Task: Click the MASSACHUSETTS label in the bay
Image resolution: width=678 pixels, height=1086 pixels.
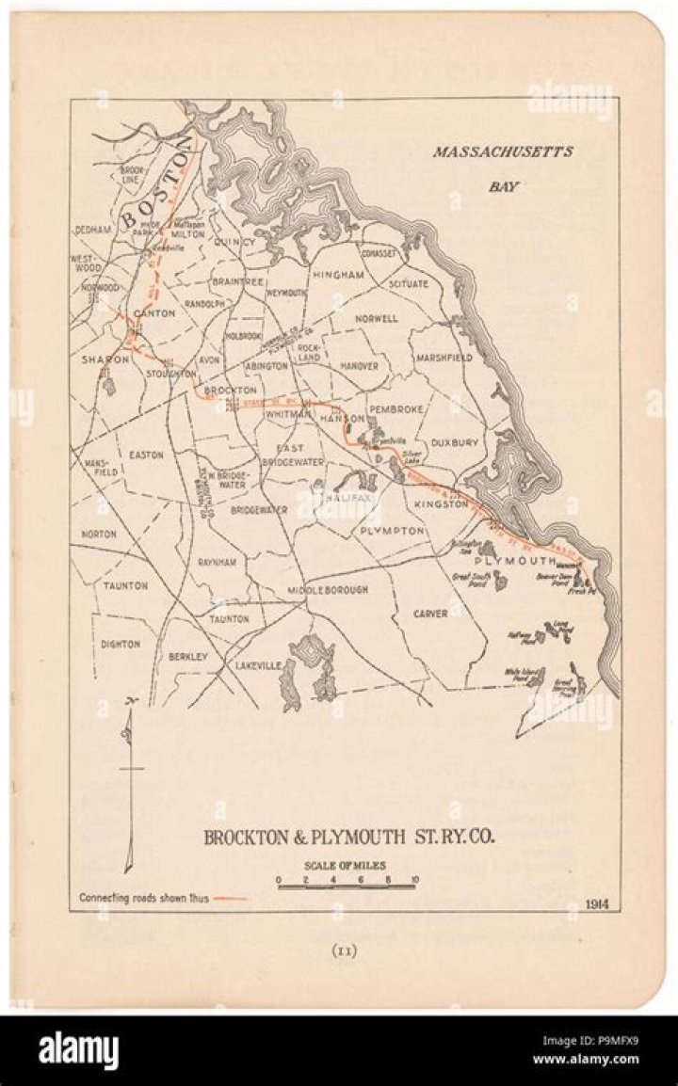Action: pyautogui.click(x=502, y=152)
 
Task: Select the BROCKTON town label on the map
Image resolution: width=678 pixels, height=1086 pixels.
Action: pyautogui.click(x=230, y=390)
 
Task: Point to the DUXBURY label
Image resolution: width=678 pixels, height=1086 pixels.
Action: pyautogui.click(x=456, y=441)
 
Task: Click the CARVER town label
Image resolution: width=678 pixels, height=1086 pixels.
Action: pyautogui.click(x=430, y=614)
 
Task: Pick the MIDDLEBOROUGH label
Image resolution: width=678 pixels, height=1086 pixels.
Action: pyautogui.click(x=328, y=590)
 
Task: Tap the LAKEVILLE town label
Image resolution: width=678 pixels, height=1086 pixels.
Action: pyautogui.click(x=258, y=665)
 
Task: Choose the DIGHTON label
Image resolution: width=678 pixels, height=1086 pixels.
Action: pyautogui.click(x=121, y=645)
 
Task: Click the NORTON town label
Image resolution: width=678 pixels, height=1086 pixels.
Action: pyautogui.click(x=99, y=534)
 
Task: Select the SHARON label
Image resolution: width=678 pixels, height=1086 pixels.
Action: pyautogui.click(x=103, y=359)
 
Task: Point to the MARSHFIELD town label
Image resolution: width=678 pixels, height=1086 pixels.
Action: pyautogui.click(x=443, y=358)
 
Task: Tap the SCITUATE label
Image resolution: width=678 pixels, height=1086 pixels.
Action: pyautogui.click(x=408, y=283)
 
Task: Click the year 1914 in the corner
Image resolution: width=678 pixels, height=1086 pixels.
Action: pyautogui.click(x=595, y=903)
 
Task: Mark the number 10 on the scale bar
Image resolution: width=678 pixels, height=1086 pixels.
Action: pyautogui.click(x=414, y=880)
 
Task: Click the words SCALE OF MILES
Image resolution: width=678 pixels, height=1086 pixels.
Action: pyautogui.click(x=346, y=866)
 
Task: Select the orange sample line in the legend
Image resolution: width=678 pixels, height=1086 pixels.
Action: pyautogui.click(x=231, y=898)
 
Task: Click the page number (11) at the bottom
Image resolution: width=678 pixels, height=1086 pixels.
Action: pyautogui.click(x=345, y=950)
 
